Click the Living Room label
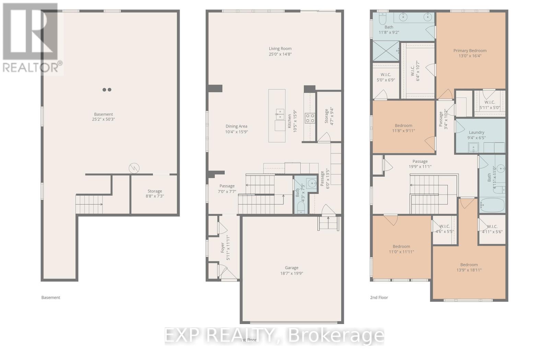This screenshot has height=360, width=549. click(x=280, y=49)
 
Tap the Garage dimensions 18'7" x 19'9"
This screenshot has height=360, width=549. click(x=291, y=274)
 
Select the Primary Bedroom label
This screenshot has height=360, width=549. click(x=470, y=50)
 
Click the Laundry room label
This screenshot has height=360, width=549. click(x=476, y=132)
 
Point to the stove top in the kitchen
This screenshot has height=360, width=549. click(x=310, y=118)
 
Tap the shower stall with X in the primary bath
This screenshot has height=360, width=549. click(x=386, y=51)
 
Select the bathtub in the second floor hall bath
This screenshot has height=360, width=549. click(x=492, y=205)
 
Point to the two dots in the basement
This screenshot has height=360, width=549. click(x=107, y=90)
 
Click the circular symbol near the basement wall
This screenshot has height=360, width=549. click(x=134, y=168)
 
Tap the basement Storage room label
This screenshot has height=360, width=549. click(x=155, y=191)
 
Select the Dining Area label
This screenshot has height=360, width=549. click(x=236, y=126)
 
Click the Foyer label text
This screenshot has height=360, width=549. click(x=222, y=248)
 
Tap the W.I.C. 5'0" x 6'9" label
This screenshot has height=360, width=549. click(x=386, y=74)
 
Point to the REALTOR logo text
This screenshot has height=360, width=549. click(x=32, y=67)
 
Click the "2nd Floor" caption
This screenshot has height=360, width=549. click(x=379, y=298)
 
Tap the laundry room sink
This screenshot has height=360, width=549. click(x=474, y=148)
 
